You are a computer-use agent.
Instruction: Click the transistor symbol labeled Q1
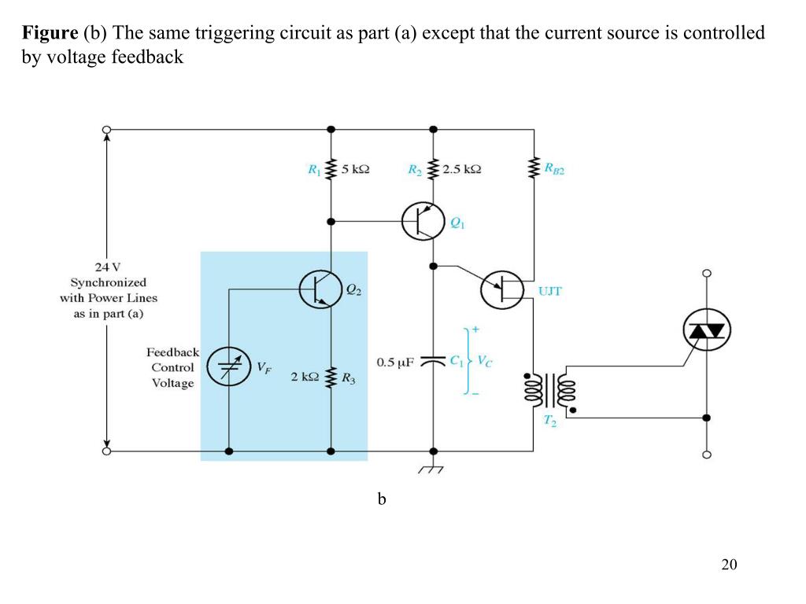(423, 221)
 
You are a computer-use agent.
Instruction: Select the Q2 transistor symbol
(320, 289)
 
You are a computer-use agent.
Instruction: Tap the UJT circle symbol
(502, 290)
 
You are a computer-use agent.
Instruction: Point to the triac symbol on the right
(706, 330)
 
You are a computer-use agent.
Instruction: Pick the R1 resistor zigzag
(331, 169)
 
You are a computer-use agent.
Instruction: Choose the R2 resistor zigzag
(432, 169)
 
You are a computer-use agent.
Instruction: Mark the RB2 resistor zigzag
(534, 168)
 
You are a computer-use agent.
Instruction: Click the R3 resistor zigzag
(331, 377)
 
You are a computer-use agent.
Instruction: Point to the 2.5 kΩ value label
(462, 169)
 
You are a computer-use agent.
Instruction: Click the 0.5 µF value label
(396, 363)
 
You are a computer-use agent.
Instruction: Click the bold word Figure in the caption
(50, 33)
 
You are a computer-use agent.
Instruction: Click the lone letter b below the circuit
(381, 499)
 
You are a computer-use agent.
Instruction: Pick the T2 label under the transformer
(551, 422)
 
